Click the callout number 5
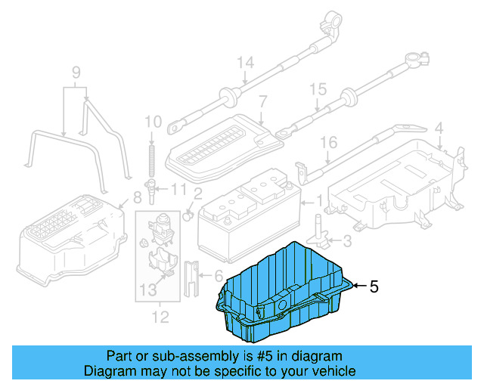tap(373, 286)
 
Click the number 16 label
tap(327, 142)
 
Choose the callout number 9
tap(76, 73)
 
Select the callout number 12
tap(160, 316)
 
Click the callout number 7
tap(262, 101)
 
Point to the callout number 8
tap(137, 198)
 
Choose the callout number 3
tap(346, 241)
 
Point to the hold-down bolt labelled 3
tap(320, 231)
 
